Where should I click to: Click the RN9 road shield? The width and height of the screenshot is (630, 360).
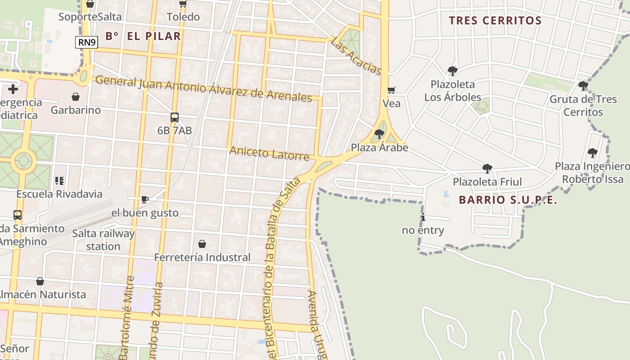click(x=86, y=43)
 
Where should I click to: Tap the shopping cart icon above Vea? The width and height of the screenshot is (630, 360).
click(x=391, y=90)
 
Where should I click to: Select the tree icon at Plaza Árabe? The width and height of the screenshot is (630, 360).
click(x=379, y=134)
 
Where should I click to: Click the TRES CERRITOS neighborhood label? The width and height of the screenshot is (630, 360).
click(x=495, y=21)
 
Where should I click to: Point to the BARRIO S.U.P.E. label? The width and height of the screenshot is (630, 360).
click(x=508, y=200)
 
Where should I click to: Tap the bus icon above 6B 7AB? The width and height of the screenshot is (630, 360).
click(x=175, y=117)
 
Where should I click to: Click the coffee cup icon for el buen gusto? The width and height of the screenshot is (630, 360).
click(x=144, y=199)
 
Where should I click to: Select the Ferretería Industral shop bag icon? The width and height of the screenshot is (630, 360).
click(x=202, y=244)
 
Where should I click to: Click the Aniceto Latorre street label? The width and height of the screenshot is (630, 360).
click(x=269, y=153)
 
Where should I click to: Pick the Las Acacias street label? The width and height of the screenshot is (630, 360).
click(x=356, y=56)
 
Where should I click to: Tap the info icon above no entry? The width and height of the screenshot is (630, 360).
click(x=423, y=217)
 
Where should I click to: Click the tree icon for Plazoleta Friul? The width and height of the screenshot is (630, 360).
click(x=487, y=169)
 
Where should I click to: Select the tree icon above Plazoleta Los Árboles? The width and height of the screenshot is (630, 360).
click(x=452, y=71)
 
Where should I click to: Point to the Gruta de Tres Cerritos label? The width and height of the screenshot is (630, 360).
click(x=583, y=105)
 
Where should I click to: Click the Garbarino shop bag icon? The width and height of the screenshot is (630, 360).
click(x=76, y=97)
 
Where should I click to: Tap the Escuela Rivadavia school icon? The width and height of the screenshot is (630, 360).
click(x=59, y=181)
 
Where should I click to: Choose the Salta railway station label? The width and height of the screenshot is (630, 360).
click(x=103, y=240)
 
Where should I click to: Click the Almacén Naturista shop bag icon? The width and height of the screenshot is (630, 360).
click(x=40, y=281)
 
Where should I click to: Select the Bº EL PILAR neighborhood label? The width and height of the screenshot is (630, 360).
click(x=143, y=36)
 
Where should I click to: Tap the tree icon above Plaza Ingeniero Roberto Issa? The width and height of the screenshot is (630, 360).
click(x=593, y=153)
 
